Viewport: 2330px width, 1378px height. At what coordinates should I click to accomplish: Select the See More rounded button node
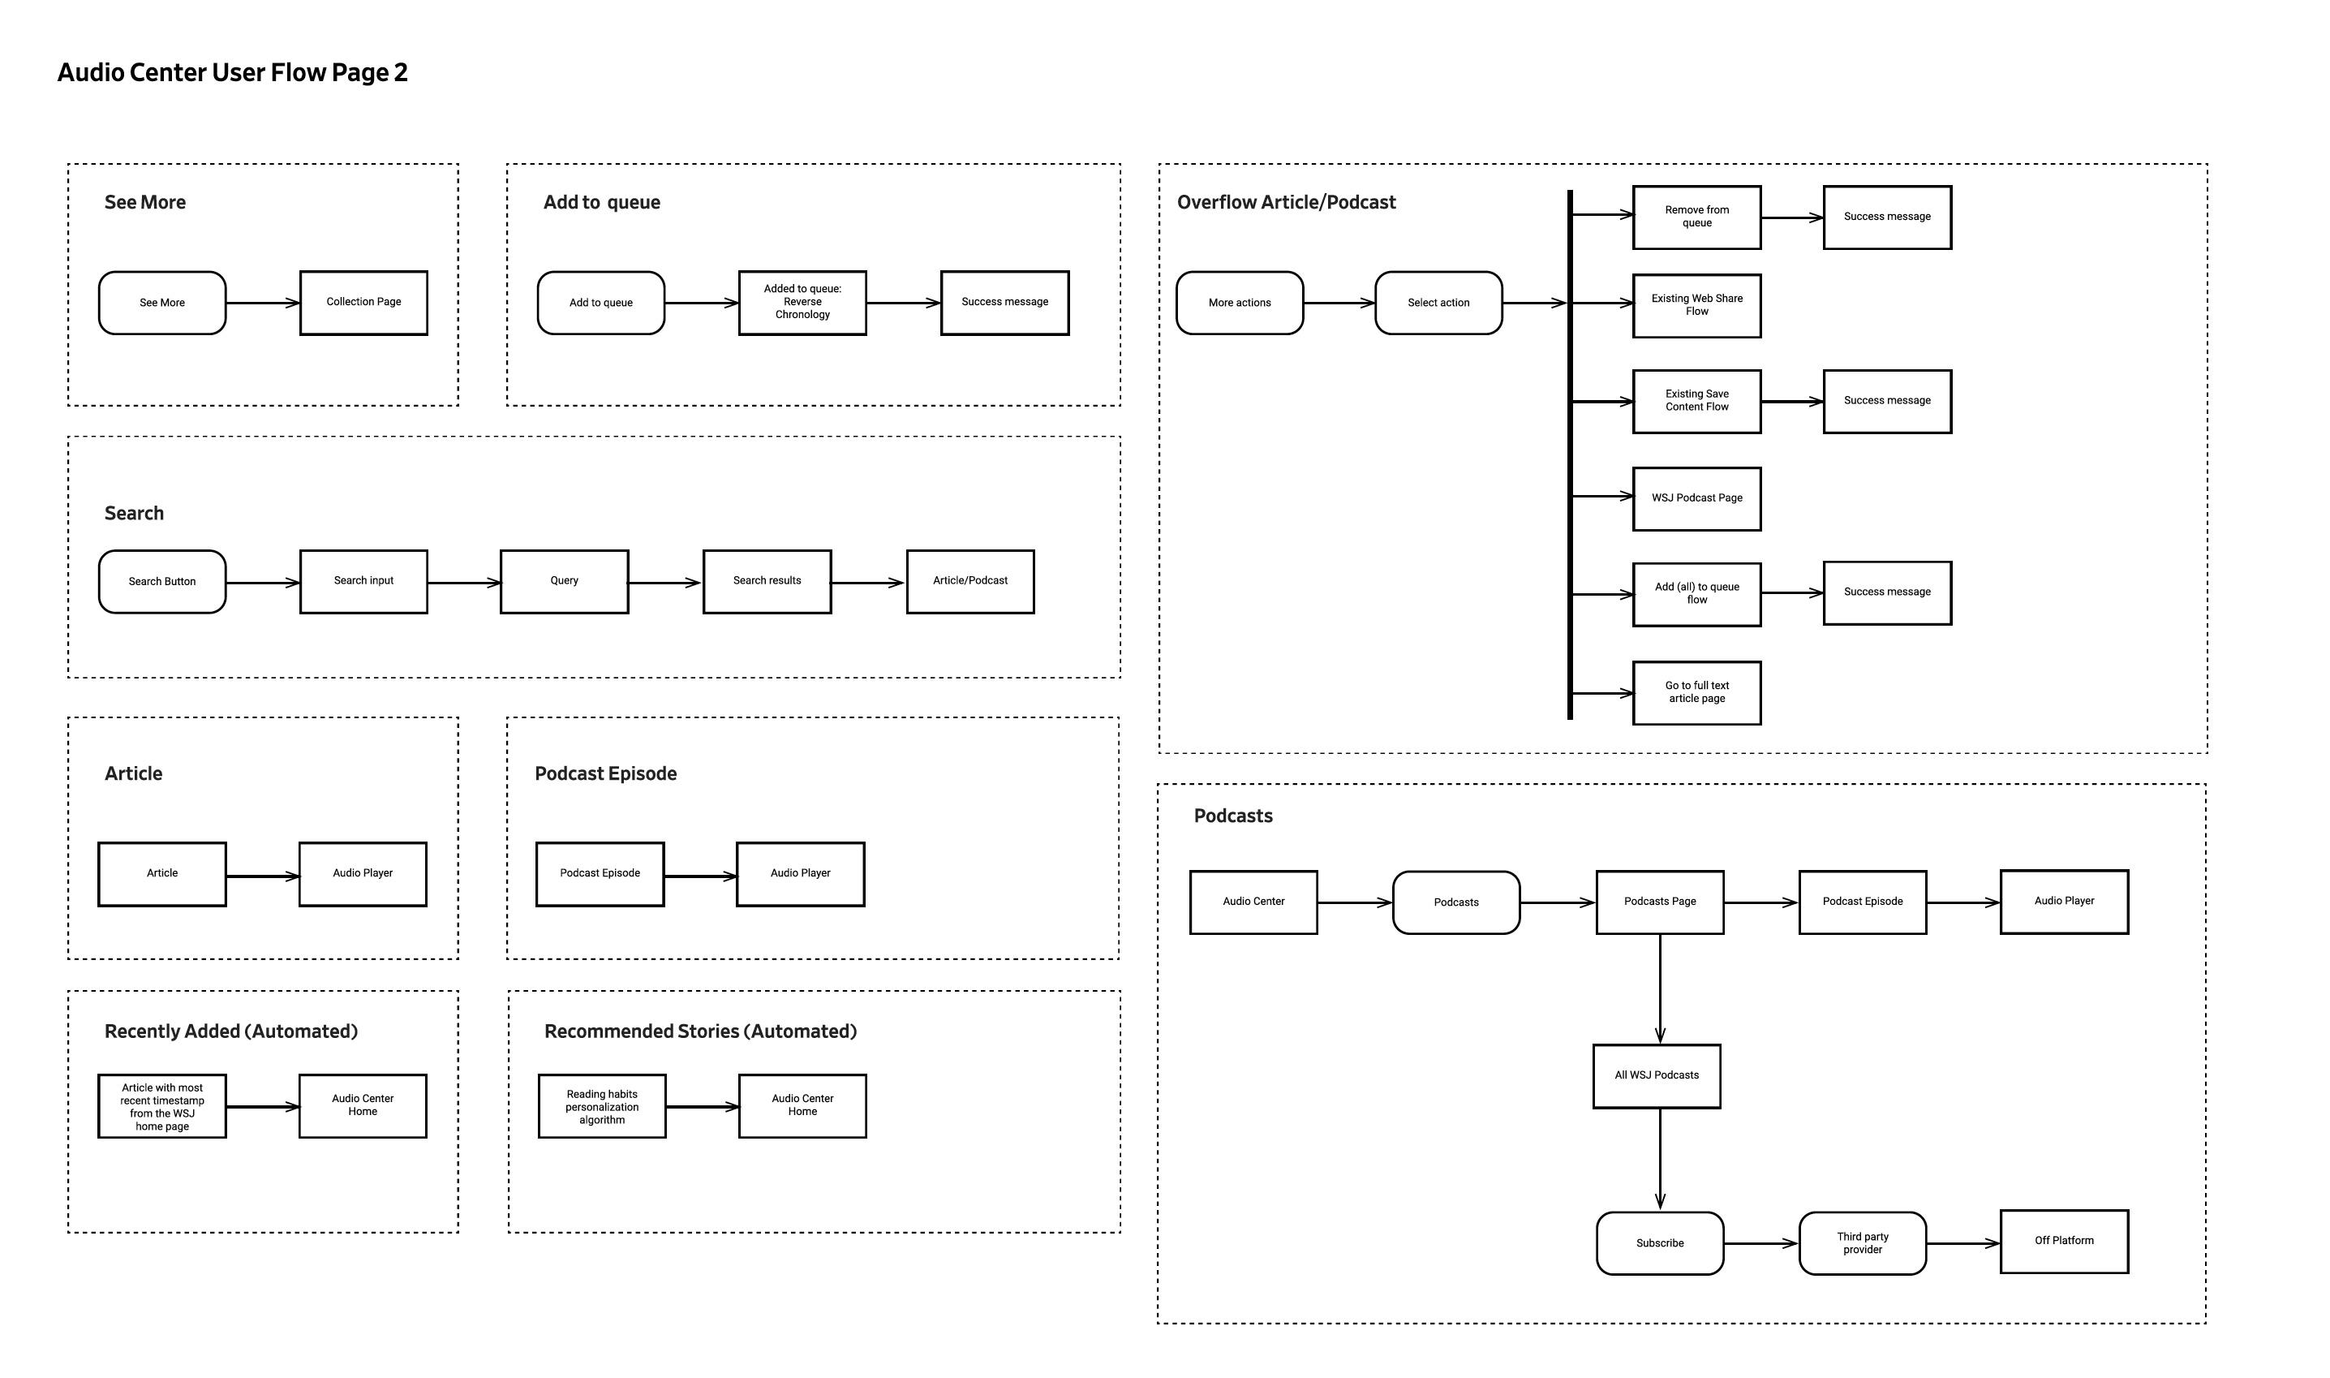click(x=162, y=303)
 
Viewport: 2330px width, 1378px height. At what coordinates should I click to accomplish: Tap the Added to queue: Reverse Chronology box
click(x=802, y=303)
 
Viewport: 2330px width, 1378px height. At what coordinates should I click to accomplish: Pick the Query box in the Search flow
click(x=565, y=581)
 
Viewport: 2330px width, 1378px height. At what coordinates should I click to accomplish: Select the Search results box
click(x=767, y=581)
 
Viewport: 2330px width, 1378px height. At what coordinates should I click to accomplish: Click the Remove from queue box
click(x=1697, y=217)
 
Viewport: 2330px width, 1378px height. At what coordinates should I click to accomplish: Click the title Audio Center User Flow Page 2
click(x=232, y=72)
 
